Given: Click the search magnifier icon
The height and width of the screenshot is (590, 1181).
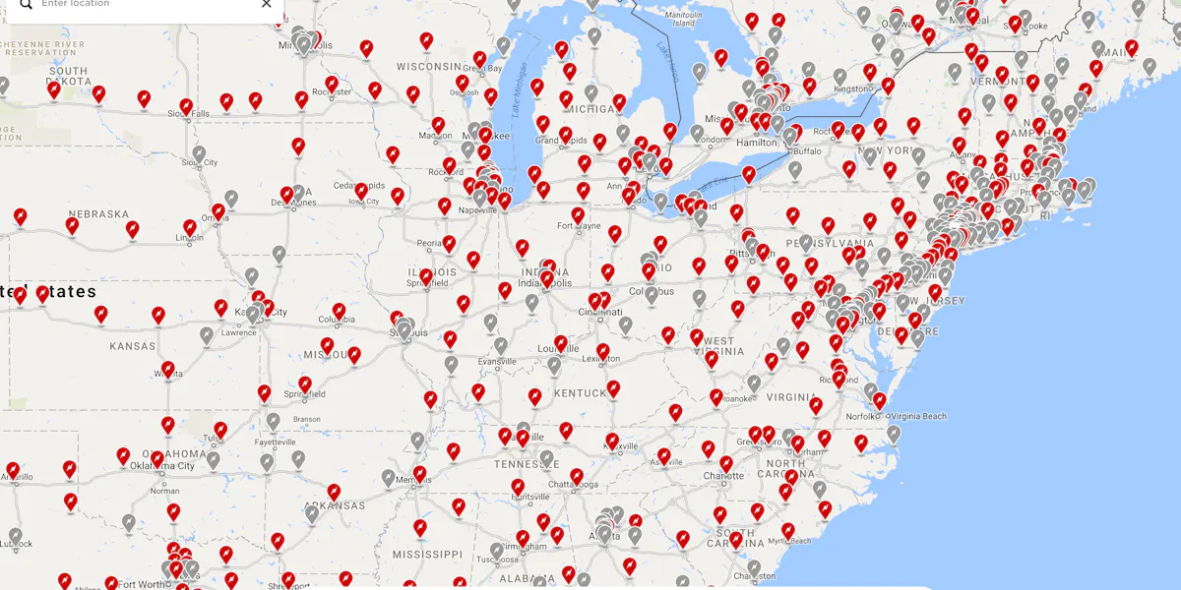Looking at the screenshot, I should pos(27,4).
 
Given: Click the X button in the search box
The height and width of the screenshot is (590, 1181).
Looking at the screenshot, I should pos(266,4).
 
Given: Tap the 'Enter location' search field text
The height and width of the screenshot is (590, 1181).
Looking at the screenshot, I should pos(77,4).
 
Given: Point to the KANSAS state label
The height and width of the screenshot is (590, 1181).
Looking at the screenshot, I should pos(132,346).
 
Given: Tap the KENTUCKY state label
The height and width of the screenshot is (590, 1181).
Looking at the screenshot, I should pos(581,393).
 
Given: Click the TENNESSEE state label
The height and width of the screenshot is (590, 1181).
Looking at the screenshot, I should pos(527,464).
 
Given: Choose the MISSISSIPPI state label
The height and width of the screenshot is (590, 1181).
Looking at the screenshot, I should pos(427,555).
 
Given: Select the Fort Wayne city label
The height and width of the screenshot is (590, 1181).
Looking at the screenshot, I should pos(579,226).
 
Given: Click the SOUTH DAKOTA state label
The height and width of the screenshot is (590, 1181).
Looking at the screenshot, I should pos(68,77).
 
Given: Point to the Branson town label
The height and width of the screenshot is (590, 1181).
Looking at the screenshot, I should pos(307,419).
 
